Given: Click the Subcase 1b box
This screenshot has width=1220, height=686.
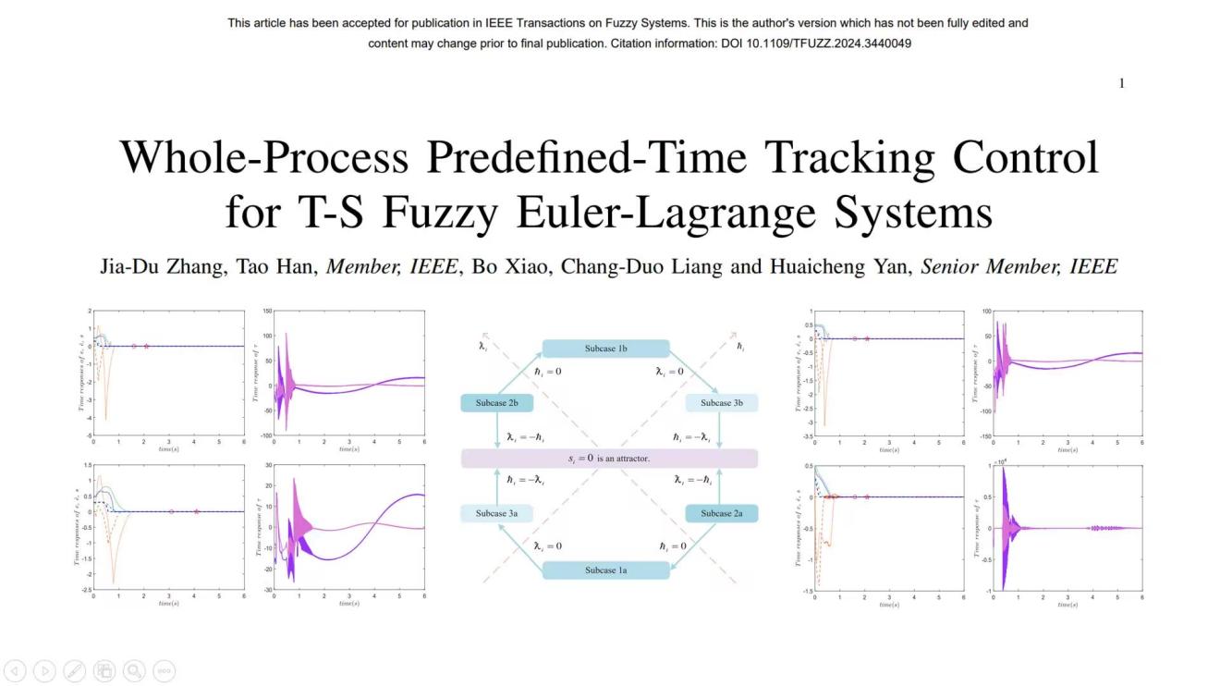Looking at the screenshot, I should click(x=605, y=349).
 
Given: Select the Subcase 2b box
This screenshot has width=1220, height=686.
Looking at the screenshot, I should click(x=497, y=403).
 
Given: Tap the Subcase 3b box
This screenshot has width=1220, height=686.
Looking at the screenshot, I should click(x=722, y=403).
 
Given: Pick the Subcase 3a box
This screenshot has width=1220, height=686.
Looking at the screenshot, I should click(x=497, y=513).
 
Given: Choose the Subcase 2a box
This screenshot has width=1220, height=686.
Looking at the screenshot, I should click(x=722, y=513).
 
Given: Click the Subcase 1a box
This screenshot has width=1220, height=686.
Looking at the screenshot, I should click(x=605, y=570).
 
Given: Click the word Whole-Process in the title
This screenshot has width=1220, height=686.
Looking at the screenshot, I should click(x=264, y=157).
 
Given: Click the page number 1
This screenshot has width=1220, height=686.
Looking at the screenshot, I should click(x=1122, y=83).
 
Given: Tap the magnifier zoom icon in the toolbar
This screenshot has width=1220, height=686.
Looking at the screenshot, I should click(x=134, y=671).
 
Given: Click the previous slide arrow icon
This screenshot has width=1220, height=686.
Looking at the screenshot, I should click(x=15, y=671).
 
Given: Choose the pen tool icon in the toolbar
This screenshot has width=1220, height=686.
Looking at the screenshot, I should click(x=75, y=671).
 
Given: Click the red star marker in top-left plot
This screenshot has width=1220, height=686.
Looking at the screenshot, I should click(x=146, y=346).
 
